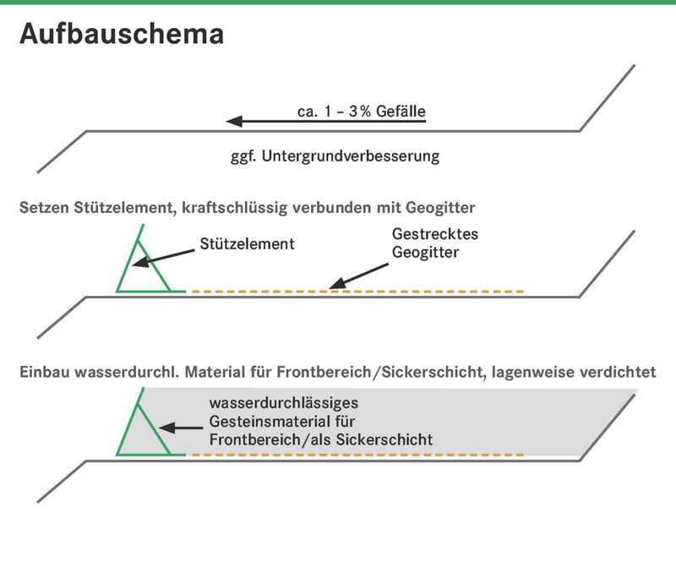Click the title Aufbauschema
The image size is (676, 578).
pos(122,34)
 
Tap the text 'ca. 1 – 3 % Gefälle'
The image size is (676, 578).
pos(362,112)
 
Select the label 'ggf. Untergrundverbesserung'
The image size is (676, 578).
pos(335,156)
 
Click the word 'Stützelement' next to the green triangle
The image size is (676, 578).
pos(247,244)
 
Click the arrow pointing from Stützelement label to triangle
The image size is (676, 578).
pos(163,258)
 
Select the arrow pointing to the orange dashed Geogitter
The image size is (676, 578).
pos(358,275)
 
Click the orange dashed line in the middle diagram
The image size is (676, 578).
pos(357,292)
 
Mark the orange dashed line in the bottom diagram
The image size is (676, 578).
pos(357,455)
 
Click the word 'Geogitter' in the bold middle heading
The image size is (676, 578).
pos(440,208)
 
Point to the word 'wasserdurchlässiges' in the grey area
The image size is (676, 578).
pos(284,403)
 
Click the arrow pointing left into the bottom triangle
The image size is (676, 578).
pos(181,428)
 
